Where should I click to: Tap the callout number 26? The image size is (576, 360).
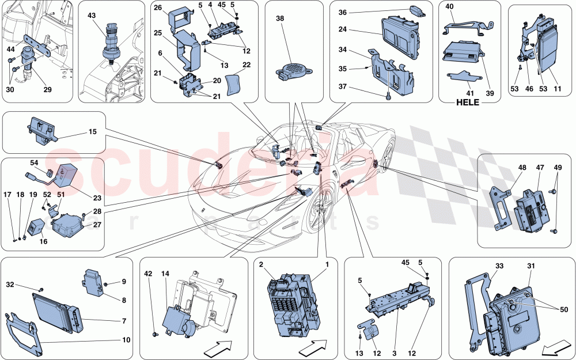(159, 9)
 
